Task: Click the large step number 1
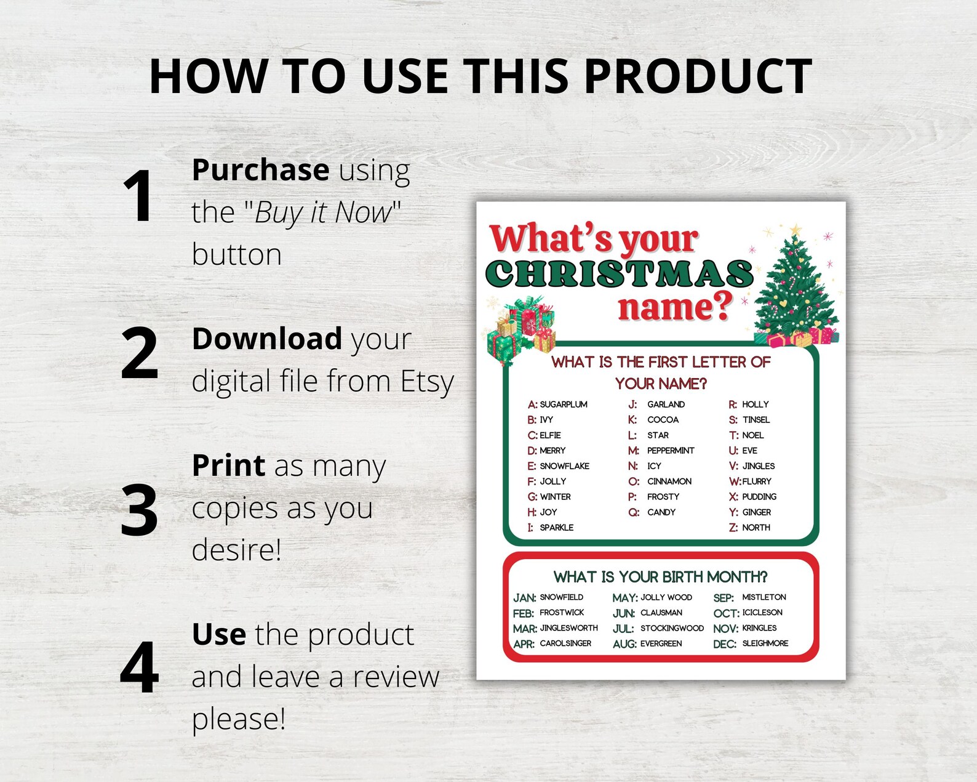[138, 196]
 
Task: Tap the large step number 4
[140, 668]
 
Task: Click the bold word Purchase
[260, 171]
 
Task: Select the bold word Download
[267, 339]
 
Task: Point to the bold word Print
[228, 466]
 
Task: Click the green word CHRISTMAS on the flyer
[620, 274]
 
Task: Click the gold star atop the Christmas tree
[796, 230]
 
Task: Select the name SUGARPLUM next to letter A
[564, 405]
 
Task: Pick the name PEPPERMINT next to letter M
[671, 451]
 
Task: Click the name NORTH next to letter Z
[756, 528]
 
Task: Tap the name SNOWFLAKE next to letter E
[564, 466]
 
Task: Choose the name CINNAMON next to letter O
[669, 482]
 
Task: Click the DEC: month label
[725, 644]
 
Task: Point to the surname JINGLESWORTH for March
[569, 628]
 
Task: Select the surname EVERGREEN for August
[661, 643]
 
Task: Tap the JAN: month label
[524, 598]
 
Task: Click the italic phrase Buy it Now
[323, 213]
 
